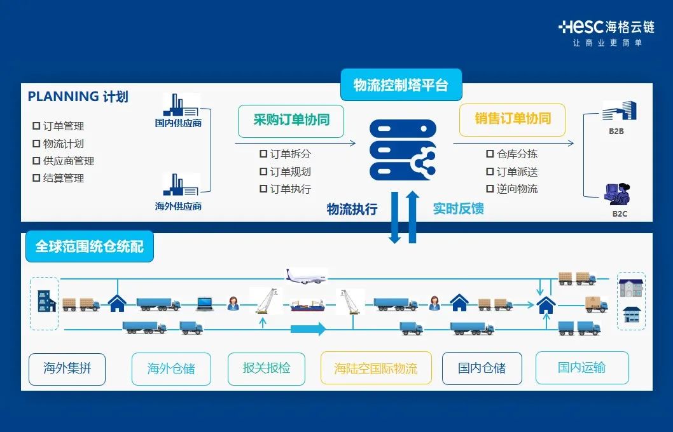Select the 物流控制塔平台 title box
coord(401,85)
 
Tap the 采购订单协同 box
coord(291,120)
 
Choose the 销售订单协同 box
coord(512,119)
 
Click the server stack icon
coord(403,150)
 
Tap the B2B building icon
coord(619,112)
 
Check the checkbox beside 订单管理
coord(36,126)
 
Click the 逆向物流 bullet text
coord(517,189)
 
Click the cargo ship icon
coord(309,306)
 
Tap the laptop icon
coord(204,304)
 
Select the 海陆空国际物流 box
coord(376,368)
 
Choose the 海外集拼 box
coord(67,368)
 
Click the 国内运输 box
coord(581,367)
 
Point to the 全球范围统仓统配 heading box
coord(89,246)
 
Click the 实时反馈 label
coord(458,208)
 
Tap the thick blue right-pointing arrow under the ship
coord(308,329)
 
